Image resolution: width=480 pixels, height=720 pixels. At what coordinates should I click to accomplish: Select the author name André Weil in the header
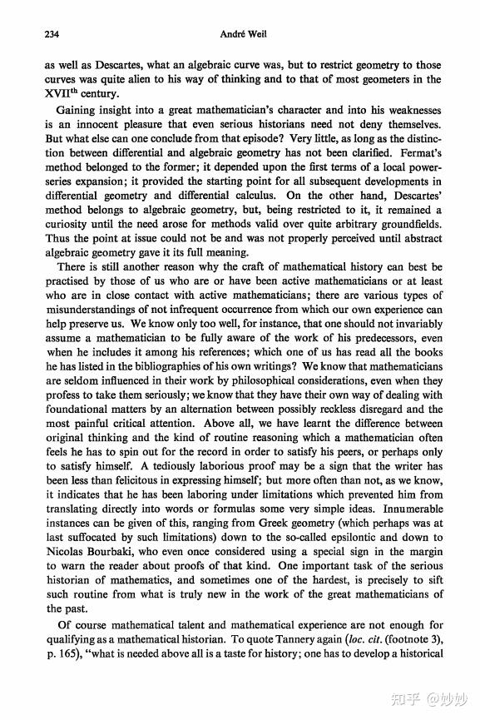click(241, 35)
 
